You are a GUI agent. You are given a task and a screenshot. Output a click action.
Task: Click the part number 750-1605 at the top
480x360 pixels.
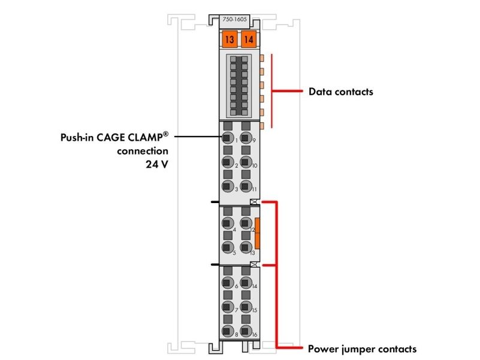[x=234, y=19]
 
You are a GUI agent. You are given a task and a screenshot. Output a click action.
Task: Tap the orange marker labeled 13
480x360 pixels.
[x=230, y=39]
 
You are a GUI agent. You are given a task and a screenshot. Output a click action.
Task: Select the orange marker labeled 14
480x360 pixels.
[x=249, y=39]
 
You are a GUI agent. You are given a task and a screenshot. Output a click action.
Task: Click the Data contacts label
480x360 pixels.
[x=341, y=92]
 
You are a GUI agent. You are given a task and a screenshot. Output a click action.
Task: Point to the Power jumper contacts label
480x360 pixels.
[x=362, y=349]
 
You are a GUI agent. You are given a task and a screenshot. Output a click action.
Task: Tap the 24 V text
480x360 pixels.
[x=157, y=164]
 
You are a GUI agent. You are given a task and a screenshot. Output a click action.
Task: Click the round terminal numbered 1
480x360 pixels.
[x=228, y=138]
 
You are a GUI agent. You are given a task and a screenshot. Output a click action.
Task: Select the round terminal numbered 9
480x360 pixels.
[x=246, y=138]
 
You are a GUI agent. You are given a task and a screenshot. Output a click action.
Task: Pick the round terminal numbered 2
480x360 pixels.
[x=228, y=162]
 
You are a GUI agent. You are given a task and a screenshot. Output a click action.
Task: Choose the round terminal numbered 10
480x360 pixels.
[x=246, y=162]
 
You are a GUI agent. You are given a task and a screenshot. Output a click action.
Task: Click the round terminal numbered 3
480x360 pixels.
[x=228, y=186]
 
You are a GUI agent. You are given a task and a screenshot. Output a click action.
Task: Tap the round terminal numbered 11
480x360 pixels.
[x=246, y=186]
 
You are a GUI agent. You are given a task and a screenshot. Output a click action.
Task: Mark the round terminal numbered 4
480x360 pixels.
[x=228, y=223]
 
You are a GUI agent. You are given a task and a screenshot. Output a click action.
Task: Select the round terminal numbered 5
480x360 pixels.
[x=228, y=247]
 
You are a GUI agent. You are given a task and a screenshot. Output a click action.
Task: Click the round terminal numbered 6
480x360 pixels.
[x=228, y=283]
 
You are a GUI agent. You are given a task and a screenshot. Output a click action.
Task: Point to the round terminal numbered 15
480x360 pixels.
[x=246, y=307]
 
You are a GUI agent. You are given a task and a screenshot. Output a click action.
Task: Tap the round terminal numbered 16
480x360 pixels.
[x=246, y=331]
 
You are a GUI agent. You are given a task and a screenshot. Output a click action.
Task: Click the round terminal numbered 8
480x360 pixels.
[x=228, y=331]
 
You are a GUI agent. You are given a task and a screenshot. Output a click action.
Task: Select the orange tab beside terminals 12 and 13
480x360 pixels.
[x=257, y=233]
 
